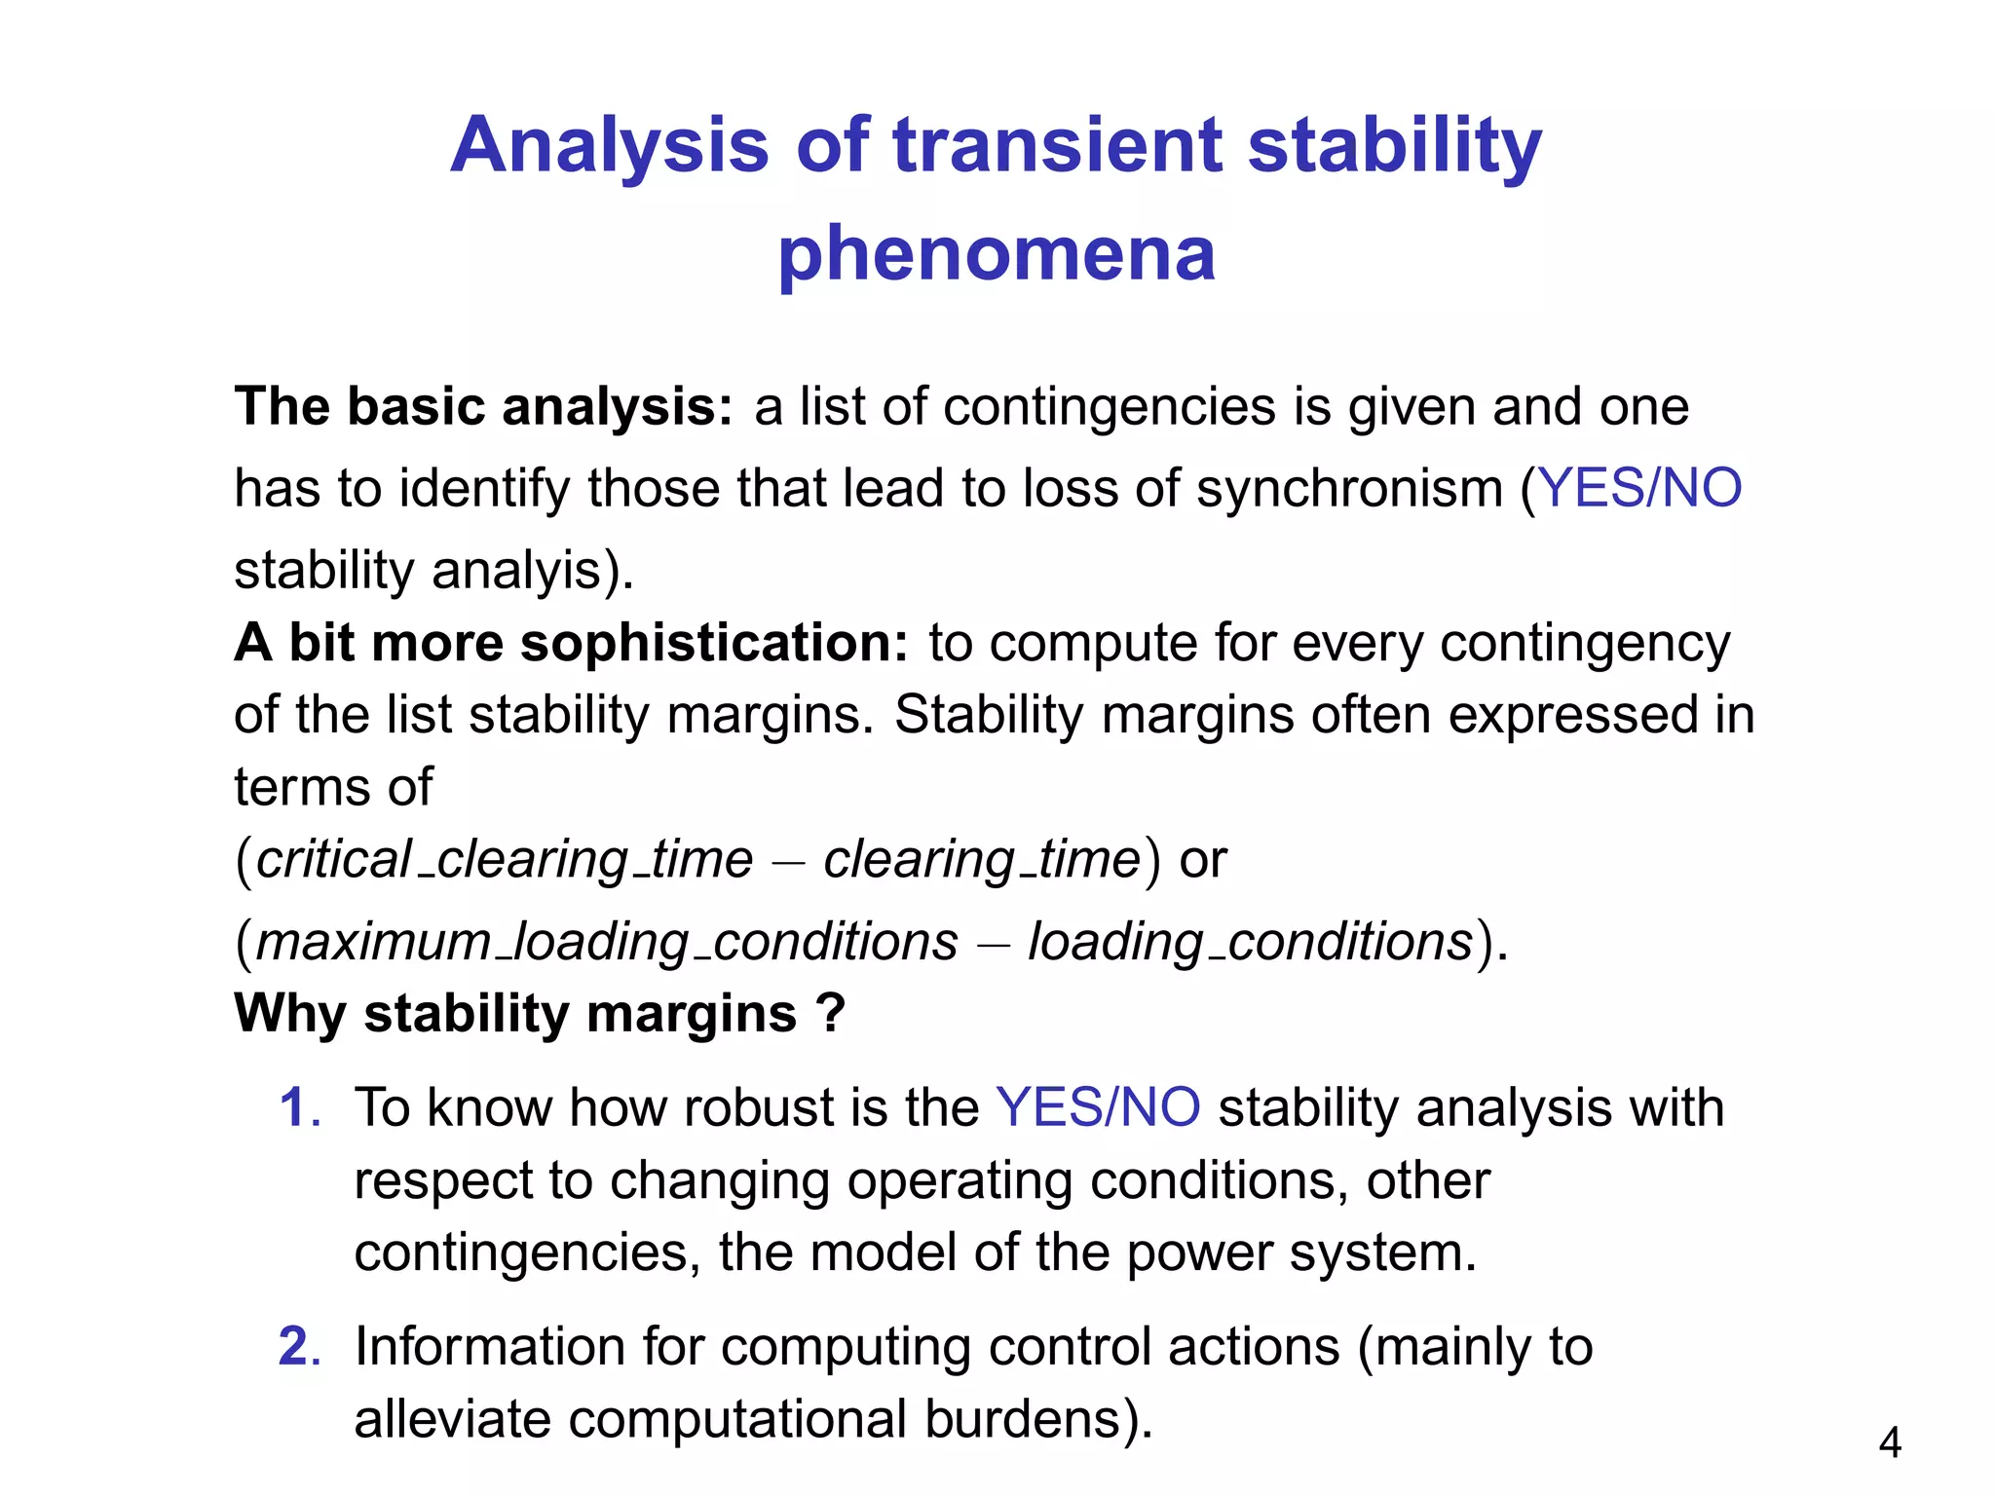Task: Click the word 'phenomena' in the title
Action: (x=997, y=255)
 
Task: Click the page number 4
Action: (x=1890, y=1442)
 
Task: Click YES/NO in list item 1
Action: (x=1098, y=1108)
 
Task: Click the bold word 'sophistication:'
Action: (x=714, y=643)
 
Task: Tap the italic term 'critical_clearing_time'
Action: (x=505, y=860)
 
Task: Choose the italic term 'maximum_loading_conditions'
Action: (x=607, y=942)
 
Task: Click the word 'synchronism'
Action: (x=1349, y=488)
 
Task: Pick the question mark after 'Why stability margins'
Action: (x=831, y=1014)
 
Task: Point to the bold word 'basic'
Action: (x=416, y=406)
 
